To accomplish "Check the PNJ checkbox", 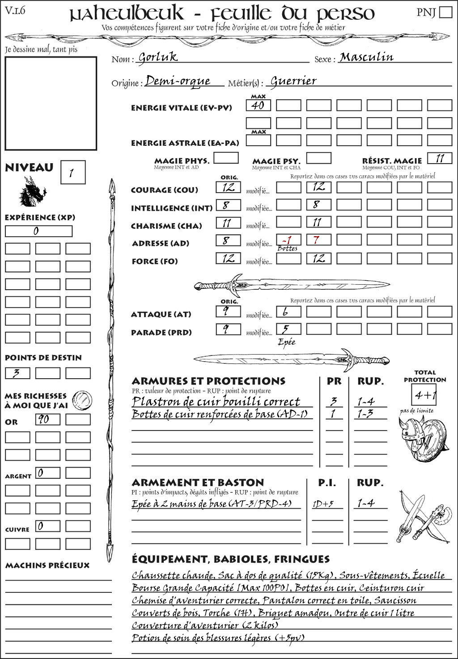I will point(445,12).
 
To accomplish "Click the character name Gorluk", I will point(158,57).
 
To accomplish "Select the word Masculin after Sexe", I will point(366,57).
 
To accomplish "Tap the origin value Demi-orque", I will point(178,81).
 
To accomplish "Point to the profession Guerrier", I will point(293,81).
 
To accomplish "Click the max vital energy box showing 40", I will point(258,106).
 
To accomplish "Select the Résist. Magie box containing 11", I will point(439,158).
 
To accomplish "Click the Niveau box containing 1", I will point(72,173).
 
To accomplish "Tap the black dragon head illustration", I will point(32,192).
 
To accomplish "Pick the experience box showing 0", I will point(38,231).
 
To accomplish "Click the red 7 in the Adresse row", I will point(318,240).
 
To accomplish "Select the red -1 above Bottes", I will point(288,240).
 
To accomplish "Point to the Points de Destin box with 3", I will point(17,373).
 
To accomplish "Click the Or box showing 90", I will point(47,419).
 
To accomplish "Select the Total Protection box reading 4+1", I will point(424,395).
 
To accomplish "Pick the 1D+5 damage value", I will point(323,504).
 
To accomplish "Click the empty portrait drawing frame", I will point(51,103).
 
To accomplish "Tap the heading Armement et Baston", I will point(198,483).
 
